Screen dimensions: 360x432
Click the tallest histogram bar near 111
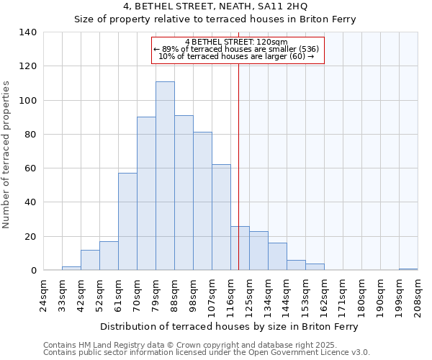165,176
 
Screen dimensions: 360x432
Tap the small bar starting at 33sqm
71,269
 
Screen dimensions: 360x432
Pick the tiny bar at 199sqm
408,269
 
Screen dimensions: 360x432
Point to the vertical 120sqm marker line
238,166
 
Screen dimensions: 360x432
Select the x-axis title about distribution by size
230,326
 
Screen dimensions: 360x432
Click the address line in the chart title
215,6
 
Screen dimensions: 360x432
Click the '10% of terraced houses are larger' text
236,56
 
